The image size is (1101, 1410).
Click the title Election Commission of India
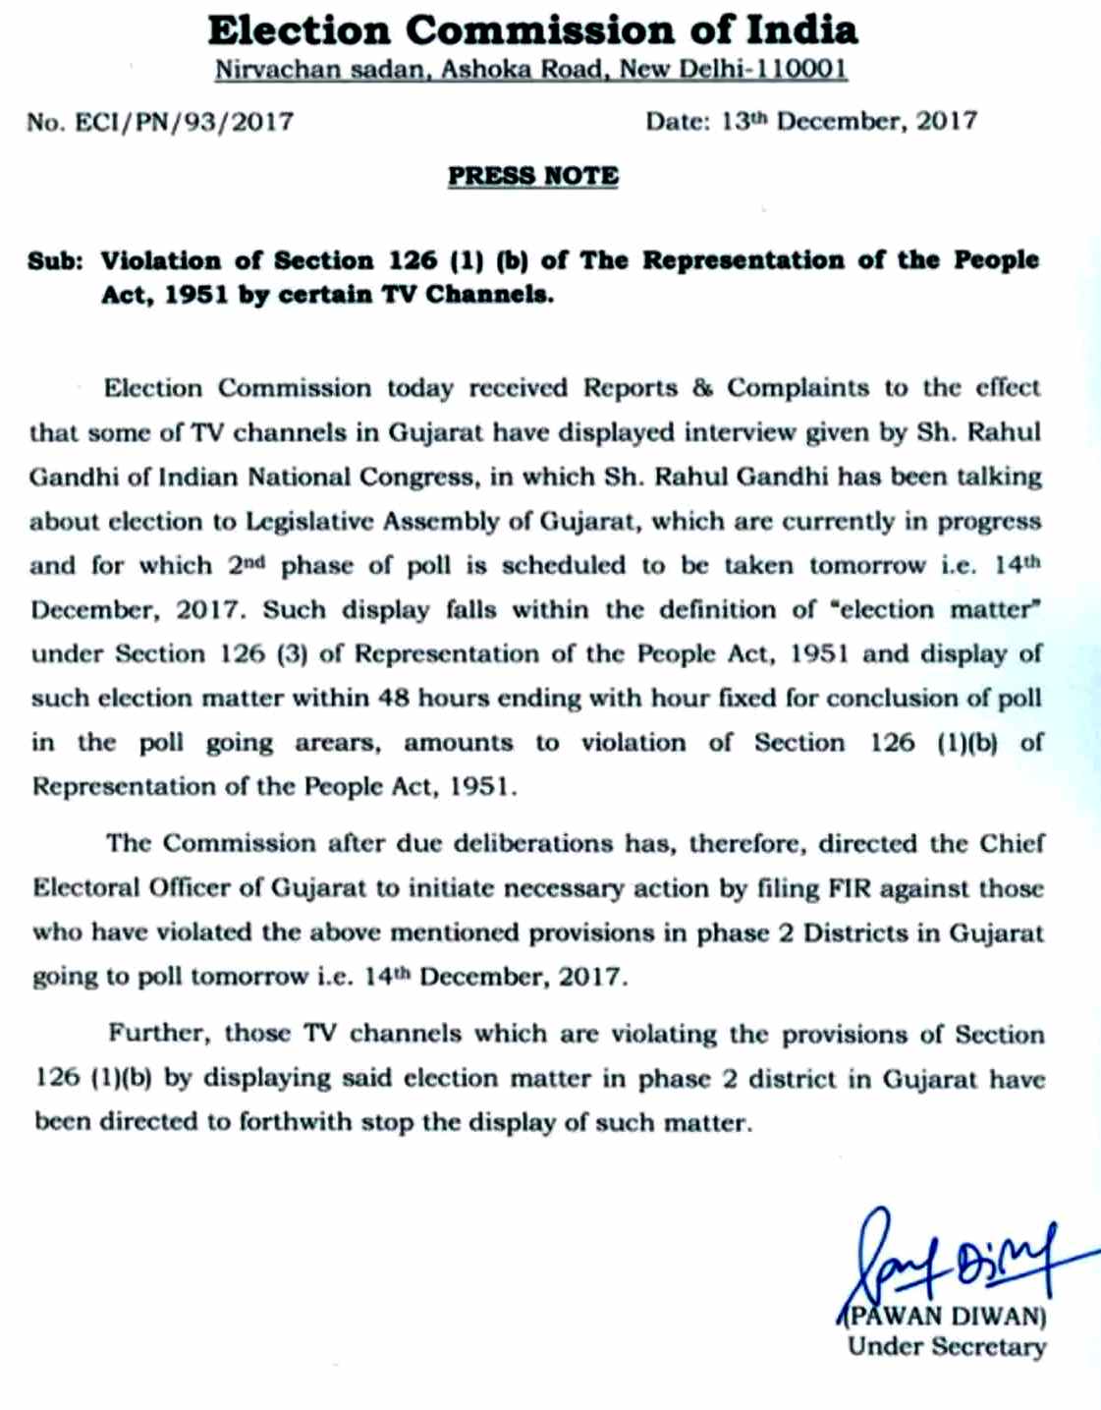pos(532,30)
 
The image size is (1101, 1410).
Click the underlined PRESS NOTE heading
pos(533,176)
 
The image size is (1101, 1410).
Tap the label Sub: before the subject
pos(56,261)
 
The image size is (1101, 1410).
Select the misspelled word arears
pos(337,743)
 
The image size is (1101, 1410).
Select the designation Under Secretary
pos(947,1347)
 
